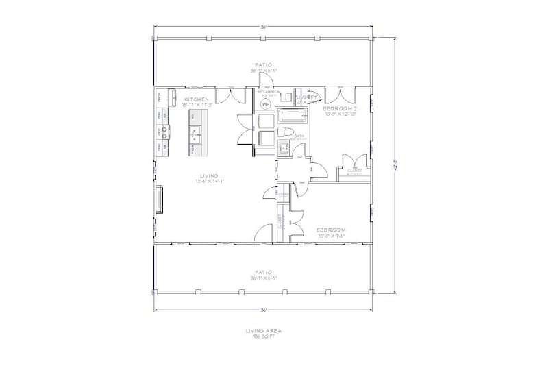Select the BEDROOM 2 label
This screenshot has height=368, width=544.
(341, 108)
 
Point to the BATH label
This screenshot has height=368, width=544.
(299, 136)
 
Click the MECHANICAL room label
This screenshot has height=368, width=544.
(268, 91)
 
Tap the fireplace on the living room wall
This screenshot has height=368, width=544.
(160, 199)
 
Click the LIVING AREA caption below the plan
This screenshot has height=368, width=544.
(264, 331)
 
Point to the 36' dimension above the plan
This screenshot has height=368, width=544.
(263, 27)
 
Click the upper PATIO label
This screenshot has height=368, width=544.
(264, 65)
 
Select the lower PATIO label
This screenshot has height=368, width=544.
(264, 272)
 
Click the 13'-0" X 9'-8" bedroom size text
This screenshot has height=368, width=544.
(330, 236)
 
